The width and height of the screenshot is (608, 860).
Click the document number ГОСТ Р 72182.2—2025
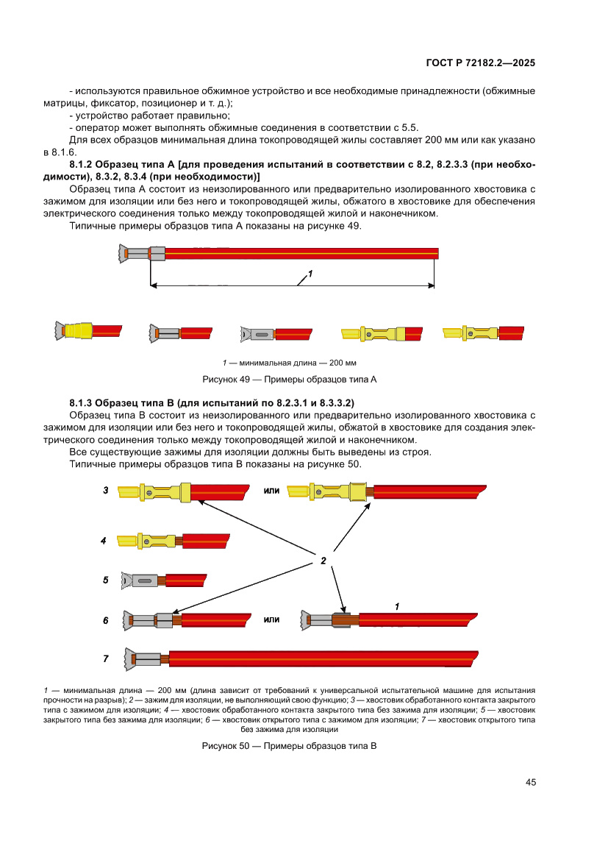pos(480,63)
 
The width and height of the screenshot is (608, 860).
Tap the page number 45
pos(530,782)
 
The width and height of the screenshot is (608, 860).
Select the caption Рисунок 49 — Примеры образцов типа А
pos(289,380)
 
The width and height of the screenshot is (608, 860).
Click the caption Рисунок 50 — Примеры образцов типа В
pos(289,746)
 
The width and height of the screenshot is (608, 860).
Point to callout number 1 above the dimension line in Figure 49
pos(310,274)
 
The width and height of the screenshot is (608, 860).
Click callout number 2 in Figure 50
pos(323,561)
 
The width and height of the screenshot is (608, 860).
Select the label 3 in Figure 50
pos(106,490)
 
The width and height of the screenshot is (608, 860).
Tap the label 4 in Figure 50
pos(104,541)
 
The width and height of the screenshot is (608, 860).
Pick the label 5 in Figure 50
pos(106,580)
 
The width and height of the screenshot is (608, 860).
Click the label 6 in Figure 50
pos(106,620)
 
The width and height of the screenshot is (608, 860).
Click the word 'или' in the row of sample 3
pos(271,490)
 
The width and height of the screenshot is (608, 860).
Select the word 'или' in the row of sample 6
pos(271,619)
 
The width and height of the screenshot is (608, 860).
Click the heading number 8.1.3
pos(81,403)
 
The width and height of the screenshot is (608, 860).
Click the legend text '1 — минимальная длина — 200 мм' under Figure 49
pos(289,363)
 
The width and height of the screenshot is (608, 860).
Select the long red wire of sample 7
pos(323,658)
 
